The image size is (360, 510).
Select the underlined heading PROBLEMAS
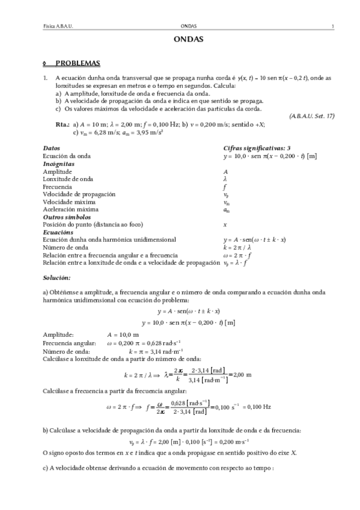tap(78, 63)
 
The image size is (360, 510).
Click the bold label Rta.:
tap(62, 124)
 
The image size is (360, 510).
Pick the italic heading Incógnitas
tap(59, 164)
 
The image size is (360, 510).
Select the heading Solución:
tap(57, 277)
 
